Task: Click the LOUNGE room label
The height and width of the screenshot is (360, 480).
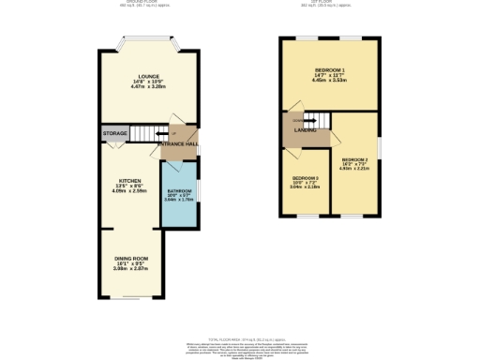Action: pyautogui.click(x=148, y=76)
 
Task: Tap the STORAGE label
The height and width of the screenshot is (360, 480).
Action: pyautogui.click(x=115, y=134)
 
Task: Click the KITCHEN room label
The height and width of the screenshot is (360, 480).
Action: pyautogui.click(x=129, y=180)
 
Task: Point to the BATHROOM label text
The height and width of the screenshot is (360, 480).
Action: pyautogui.click(x=179, y=191)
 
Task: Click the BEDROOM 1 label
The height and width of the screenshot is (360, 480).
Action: pyautogui.click(x=329, y=70)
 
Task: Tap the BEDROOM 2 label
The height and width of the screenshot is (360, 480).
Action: pyautogui.click(x=355, y=160)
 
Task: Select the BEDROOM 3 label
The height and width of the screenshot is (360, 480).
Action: pyautogui.click(x=305, y=178)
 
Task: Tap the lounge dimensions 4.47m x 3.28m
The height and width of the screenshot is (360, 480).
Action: pyautogui.click(x=148, y=87)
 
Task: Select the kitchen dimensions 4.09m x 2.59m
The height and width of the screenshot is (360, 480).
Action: pyautogui.click(x=129, y=190)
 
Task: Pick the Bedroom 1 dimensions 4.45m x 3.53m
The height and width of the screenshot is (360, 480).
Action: pyautogui.click(x=329, y=82)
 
